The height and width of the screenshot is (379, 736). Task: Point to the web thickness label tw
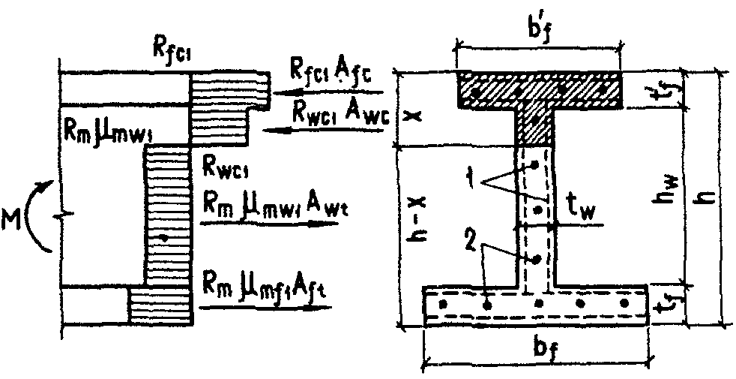point(579,215)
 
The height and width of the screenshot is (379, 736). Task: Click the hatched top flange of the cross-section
point(540,89)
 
